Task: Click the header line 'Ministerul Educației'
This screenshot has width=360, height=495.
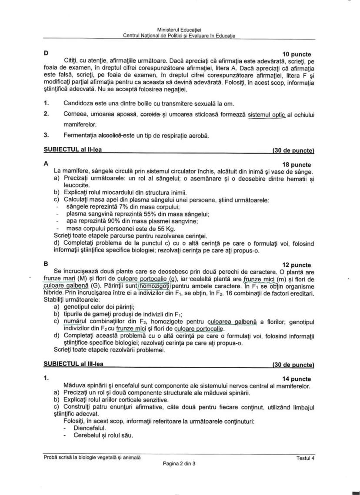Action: click(179, 30)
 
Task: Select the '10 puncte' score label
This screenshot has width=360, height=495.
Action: click(297, 54)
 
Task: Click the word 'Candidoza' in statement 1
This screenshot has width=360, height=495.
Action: click(78, 103)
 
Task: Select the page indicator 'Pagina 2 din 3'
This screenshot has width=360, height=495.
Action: click(179, 464)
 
